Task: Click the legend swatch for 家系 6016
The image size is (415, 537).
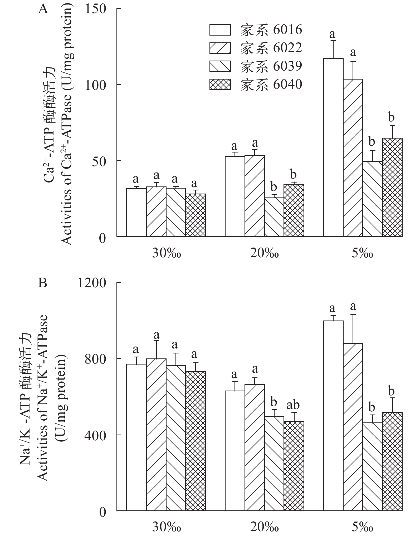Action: [220, 30]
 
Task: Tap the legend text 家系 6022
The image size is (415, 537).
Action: [271, 48]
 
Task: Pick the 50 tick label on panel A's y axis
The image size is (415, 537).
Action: [99, 161]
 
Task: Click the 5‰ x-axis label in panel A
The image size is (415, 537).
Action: [363, 254]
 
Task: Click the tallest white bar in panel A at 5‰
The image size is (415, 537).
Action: [333, 147]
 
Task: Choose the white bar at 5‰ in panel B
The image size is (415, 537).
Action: [333, 416]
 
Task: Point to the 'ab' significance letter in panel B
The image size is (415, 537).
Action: [293, 405]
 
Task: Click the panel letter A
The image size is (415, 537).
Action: [43, 9]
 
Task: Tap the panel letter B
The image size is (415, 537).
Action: [43, 283]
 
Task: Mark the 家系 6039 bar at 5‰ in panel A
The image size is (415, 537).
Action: [372, 199]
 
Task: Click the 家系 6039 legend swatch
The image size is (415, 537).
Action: [220, 66]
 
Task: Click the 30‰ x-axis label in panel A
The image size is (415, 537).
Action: [167, 254]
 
